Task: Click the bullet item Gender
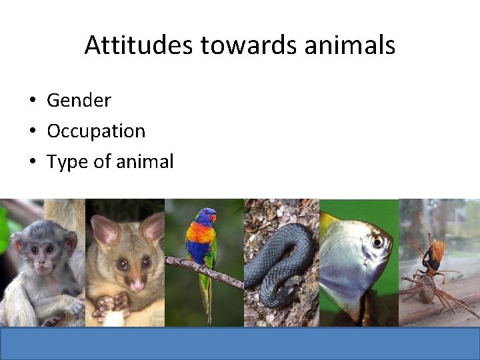[79, 101]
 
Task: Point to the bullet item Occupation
[96, 131]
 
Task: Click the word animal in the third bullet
[142, 161]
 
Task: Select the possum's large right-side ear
[153, 227]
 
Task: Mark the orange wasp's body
[437, 253]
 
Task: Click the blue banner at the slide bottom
[240, 343]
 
